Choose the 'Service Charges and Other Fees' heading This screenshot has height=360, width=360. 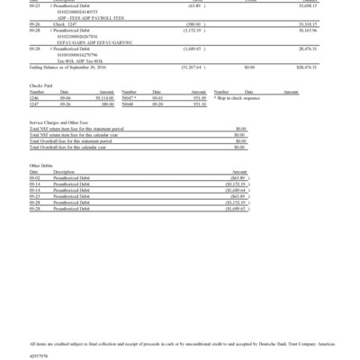(64, 121)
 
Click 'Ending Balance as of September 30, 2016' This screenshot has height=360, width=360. (76, 66)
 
